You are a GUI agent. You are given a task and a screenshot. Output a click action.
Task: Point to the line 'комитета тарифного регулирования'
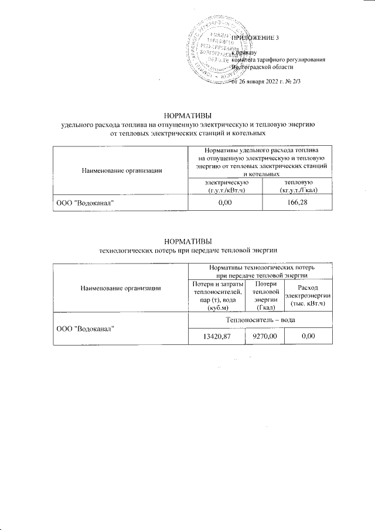[278, 60]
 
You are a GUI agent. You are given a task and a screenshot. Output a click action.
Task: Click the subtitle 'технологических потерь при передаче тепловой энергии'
[187, 250]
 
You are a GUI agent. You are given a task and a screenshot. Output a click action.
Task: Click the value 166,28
[298, 202]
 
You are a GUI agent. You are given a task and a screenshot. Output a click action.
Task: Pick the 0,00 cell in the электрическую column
[225, 202]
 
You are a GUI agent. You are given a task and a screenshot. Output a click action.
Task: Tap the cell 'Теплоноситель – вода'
[260, 320]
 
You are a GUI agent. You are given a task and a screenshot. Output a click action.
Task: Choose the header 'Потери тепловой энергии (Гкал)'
[264, 296]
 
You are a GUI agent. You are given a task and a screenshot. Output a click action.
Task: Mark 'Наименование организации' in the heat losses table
[121, 288]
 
